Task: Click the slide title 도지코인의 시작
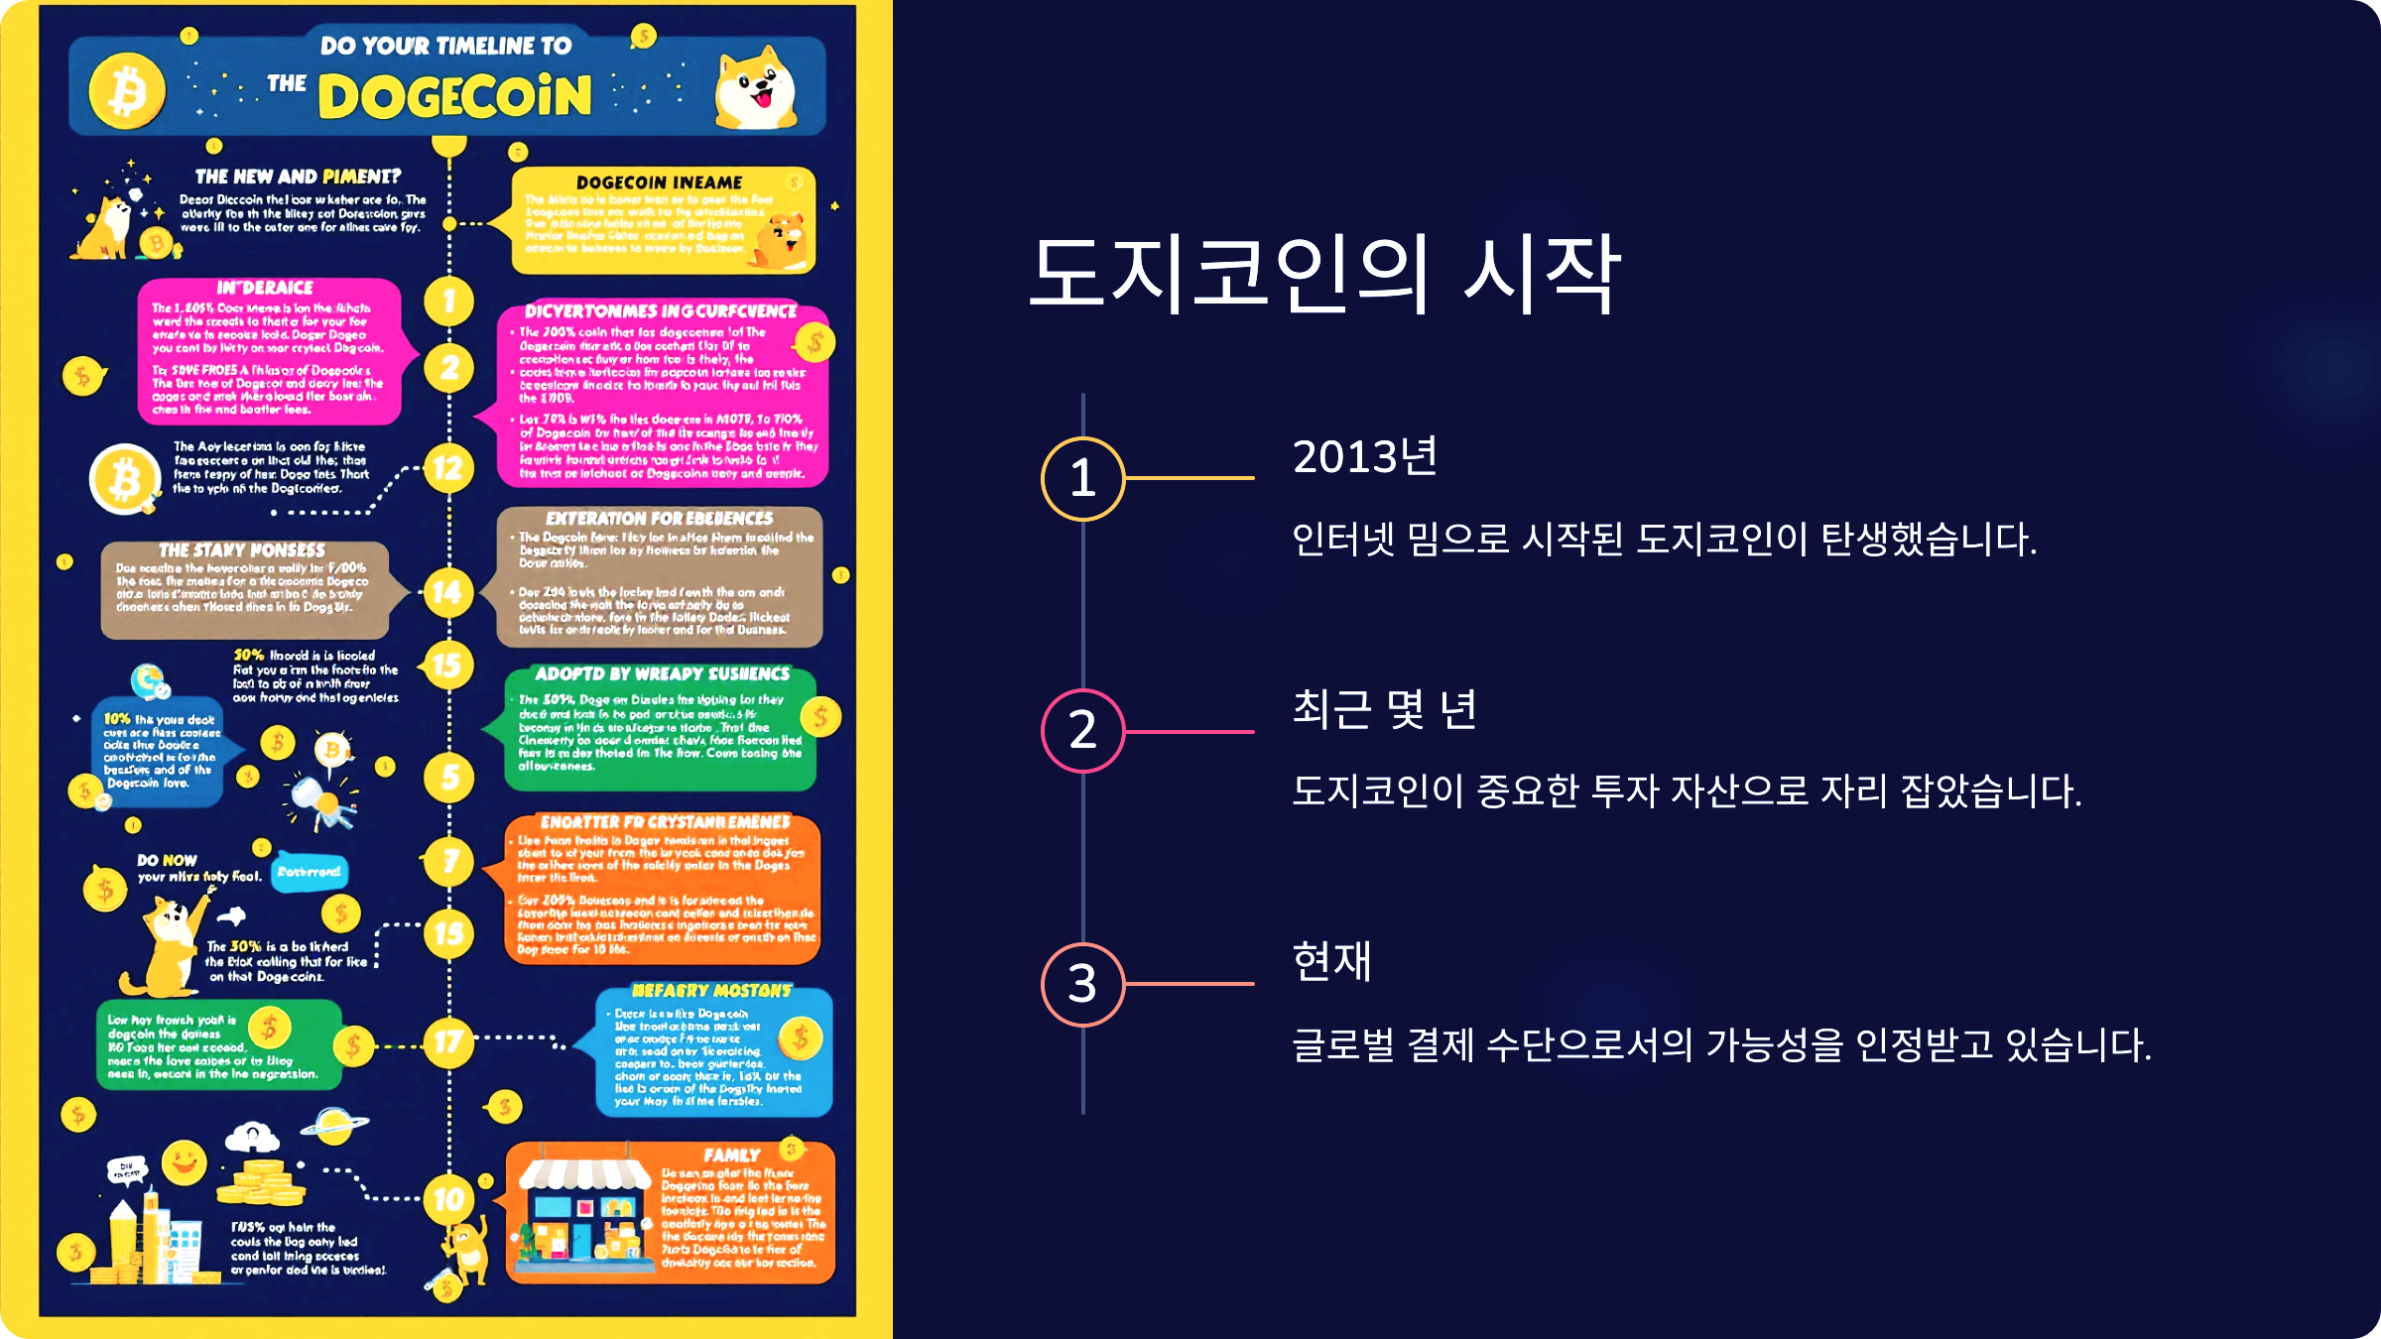[1325, 274]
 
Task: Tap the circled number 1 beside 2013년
[1082, 478]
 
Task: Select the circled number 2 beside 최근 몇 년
[1082, 731]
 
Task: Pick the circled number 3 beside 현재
[1082, 984]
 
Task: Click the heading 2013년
[1365, 457]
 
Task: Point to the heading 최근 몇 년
[1385, 709]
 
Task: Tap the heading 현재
[1332, 961]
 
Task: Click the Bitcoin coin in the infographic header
[127, 92]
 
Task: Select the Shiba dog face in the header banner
[756, 89]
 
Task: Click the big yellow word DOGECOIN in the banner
[455, 97]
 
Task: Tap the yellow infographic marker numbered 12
[448, 468]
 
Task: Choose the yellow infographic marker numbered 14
[448, 592]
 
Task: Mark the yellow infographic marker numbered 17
[448, 1042]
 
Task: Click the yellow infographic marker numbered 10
[448, 1199]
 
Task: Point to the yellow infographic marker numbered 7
[449, 861]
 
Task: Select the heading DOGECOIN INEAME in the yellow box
[660, 183]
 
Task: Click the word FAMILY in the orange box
[732, 1156]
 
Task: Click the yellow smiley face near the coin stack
[185, 1162]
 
